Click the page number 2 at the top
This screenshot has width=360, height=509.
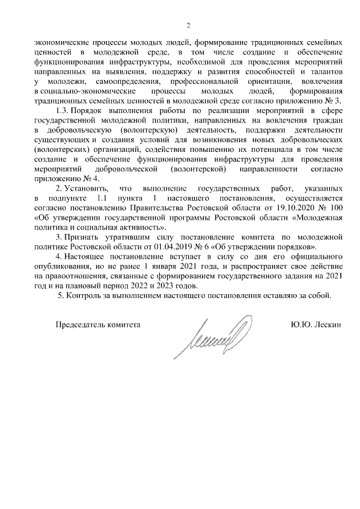point(188,25)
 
